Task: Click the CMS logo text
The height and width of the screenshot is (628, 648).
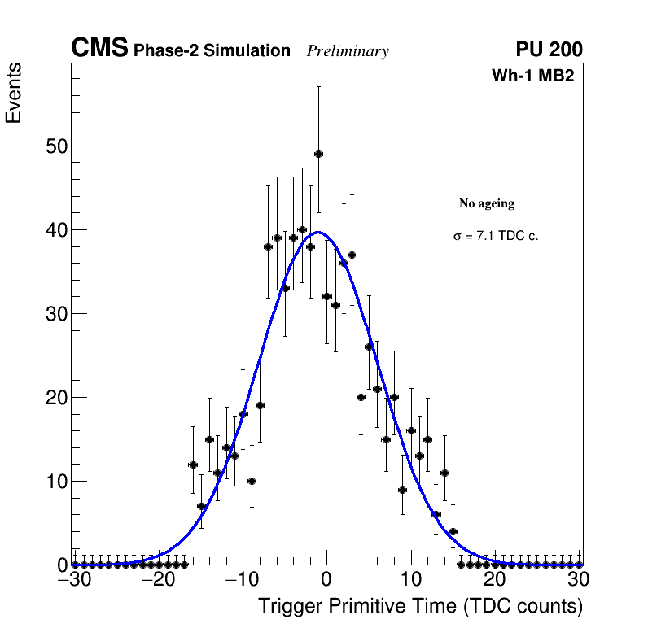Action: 99,49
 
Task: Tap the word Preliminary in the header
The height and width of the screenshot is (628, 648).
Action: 348,51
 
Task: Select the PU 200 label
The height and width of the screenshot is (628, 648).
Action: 549,50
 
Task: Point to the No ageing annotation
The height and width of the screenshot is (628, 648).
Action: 487,203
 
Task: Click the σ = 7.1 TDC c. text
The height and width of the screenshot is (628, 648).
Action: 496,236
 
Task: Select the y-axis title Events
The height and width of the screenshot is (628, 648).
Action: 14,94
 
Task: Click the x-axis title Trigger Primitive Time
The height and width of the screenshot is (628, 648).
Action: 420,606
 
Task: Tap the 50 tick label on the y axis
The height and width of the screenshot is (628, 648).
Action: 57,146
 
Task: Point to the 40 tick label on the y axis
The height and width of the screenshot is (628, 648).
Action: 57,230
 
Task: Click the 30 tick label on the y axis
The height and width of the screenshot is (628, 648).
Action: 57,314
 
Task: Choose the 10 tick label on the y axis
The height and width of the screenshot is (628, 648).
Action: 57,482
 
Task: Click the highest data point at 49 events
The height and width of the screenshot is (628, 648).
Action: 318,154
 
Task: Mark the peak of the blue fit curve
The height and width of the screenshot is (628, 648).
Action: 318,233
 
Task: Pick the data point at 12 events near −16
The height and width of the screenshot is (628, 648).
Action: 193,464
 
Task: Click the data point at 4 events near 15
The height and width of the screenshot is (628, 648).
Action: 453,531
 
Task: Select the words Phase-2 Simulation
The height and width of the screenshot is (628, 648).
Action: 212,51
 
